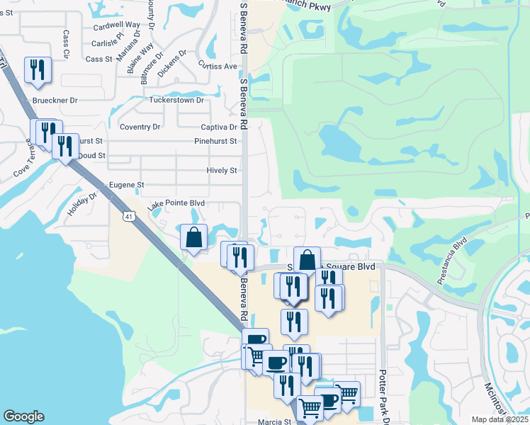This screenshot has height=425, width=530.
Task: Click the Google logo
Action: click(23, 416)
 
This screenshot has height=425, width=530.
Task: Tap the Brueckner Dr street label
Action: click(55, 101)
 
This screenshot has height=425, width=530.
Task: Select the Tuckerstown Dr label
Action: click(176, 100)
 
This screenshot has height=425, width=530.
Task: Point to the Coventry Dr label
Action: click(140, 127)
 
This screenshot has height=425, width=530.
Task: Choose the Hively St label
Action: click(221, 171)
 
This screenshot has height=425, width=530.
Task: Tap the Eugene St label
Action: click(127, 185)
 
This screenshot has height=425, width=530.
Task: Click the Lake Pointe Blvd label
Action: click(176, 204)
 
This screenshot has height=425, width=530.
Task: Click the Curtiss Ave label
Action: click(218, 66)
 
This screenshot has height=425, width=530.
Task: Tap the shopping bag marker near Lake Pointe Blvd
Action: click(193, 238)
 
